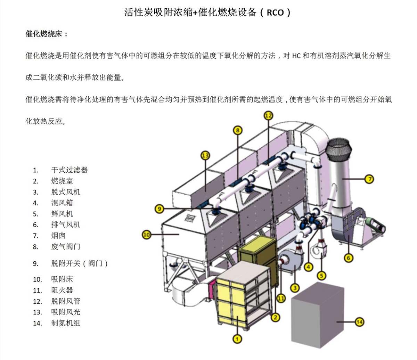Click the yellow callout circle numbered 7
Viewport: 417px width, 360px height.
pos(369,179)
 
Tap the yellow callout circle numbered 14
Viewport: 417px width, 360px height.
pos(359,322)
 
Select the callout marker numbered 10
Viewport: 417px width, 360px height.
pos(147,235)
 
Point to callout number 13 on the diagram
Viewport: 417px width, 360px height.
pos(205,155)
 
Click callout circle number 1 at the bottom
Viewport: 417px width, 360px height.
pos(237,338)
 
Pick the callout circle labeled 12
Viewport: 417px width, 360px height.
pos(268,115)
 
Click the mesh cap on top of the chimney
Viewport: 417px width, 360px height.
pos(339,149)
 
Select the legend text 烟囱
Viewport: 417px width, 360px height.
pos(58,236)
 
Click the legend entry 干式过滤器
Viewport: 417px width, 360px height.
pos(69,170)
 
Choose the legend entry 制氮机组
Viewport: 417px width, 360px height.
pos(66,323)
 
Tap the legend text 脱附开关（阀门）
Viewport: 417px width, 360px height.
pos(80,263)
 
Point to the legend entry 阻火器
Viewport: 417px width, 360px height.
pos(62,290)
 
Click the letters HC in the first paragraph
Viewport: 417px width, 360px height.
pos(296,56)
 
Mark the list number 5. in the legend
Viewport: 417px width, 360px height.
pos(36,214)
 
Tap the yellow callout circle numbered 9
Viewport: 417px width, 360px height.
pos(159,208)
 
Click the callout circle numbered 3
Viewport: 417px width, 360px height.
pos(295,288)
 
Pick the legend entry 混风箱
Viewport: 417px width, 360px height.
pos(62,203)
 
